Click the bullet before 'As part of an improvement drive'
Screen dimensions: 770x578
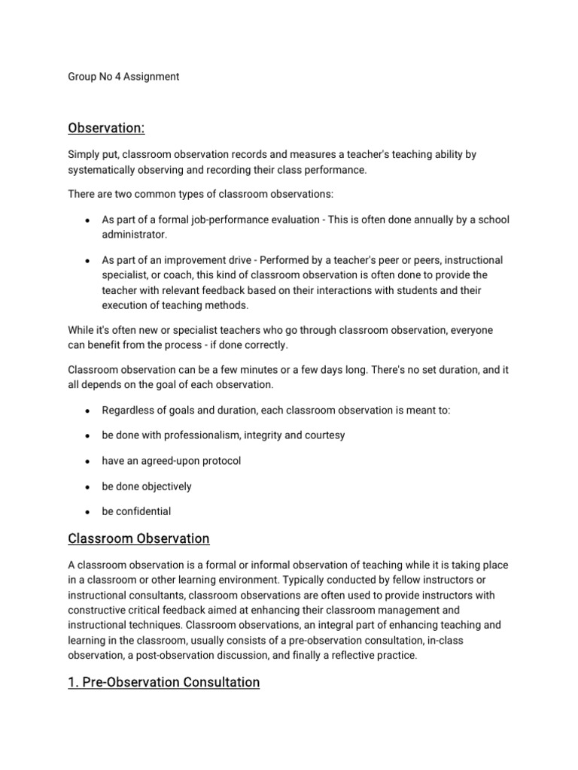pyautogui.click(x=88, y=260)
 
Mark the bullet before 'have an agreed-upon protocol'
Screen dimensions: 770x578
pyautogui.click(x=88, y=461)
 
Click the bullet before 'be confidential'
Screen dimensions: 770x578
pyautogui.click(x=88, y=512)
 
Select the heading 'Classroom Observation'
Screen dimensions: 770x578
pyautogui.click(x=138, y=539)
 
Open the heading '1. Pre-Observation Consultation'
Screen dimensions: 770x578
pyautogui.click(x=163, y=683)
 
